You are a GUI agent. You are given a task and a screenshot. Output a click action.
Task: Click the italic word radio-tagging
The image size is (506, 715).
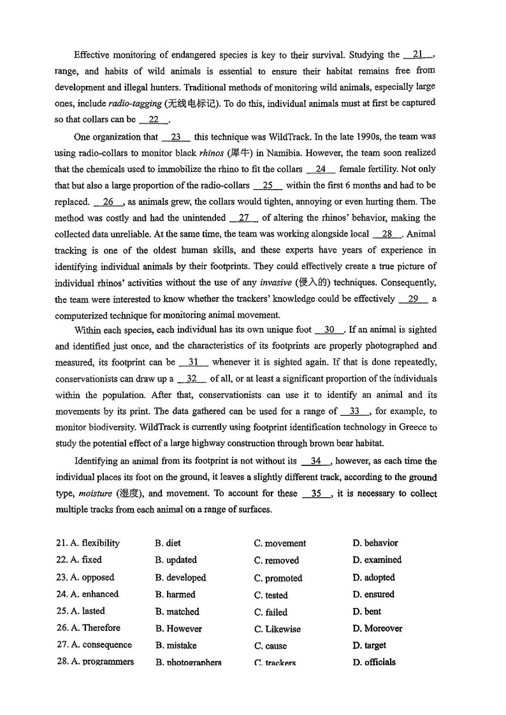point(134,103)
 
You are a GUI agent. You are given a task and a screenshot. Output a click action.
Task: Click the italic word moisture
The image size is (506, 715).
point(95,493)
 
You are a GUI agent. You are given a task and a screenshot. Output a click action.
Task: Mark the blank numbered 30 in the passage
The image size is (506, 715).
point(329,330)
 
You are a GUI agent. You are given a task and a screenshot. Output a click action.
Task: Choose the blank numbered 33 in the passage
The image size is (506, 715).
point(355,411)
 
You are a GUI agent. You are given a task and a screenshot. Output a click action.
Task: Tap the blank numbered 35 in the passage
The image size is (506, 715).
point(316,493)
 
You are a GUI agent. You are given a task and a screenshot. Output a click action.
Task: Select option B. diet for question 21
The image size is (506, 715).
point(168,543)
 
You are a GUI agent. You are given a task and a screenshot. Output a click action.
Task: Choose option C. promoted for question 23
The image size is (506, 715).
point(278,578)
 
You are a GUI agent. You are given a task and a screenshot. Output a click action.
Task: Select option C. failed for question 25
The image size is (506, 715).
point(271,612)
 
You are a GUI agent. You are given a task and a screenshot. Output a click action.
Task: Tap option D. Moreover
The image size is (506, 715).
point(377,628)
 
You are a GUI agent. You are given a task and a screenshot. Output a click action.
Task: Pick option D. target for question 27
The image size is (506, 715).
point(370,646)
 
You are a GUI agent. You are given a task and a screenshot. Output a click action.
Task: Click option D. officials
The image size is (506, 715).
point(374,662)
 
